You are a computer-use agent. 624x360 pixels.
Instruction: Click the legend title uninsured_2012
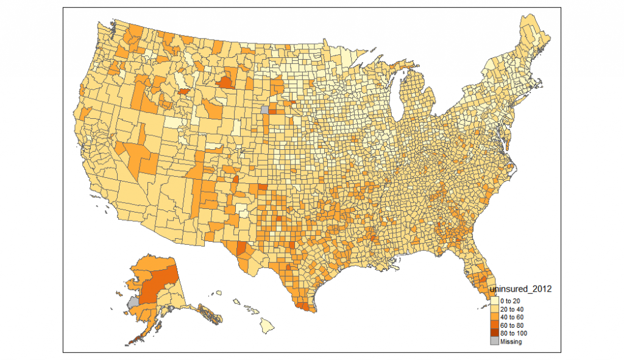(x=521, y=290)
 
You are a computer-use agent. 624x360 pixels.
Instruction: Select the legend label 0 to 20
(x=510, y=301)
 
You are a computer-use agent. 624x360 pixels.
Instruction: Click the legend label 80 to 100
(x=512, y=334)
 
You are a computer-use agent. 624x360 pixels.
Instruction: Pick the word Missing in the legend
(x=511, y=342)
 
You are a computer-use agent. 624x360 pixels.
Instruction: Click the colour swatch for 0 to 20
(x=494, y=301)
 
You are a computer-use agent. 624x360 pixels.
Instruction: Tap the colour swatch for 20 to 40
(x=494, y=309)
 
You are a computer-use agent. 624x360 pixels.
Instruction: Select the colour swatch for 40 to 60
(x=494, y=317)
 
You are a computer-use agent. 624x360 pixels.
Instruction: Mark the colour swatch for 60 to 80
(x=494, y=325)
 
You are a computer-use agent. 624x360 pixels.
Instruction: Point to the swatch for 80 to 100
(x=494, y=334)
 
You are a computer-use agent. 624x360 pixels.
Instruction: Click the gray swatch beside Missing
(x=494, y=342)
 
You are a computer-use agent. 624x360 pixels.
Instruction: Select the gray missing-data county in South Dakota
(x=264, y=110)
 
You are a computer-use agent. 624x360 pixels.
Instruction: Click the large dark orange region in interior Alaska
(x=160, y=283)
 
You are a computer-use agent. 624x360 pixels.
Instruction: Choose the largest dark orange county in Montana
(x=225, y=82)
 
